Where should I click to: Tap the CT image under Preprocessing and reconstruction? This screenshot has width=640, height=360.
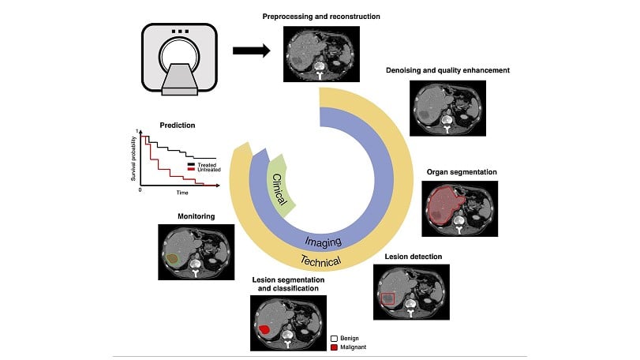coord(321,54)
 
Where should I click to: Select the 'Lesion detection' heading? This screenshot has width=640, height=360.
coord(413,257)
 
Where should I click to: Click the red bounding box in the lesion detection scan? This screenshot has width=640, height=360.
coord(387,298)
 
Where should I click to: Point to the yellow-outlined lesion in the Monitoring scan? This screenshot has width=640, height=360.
coord(173,257)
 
